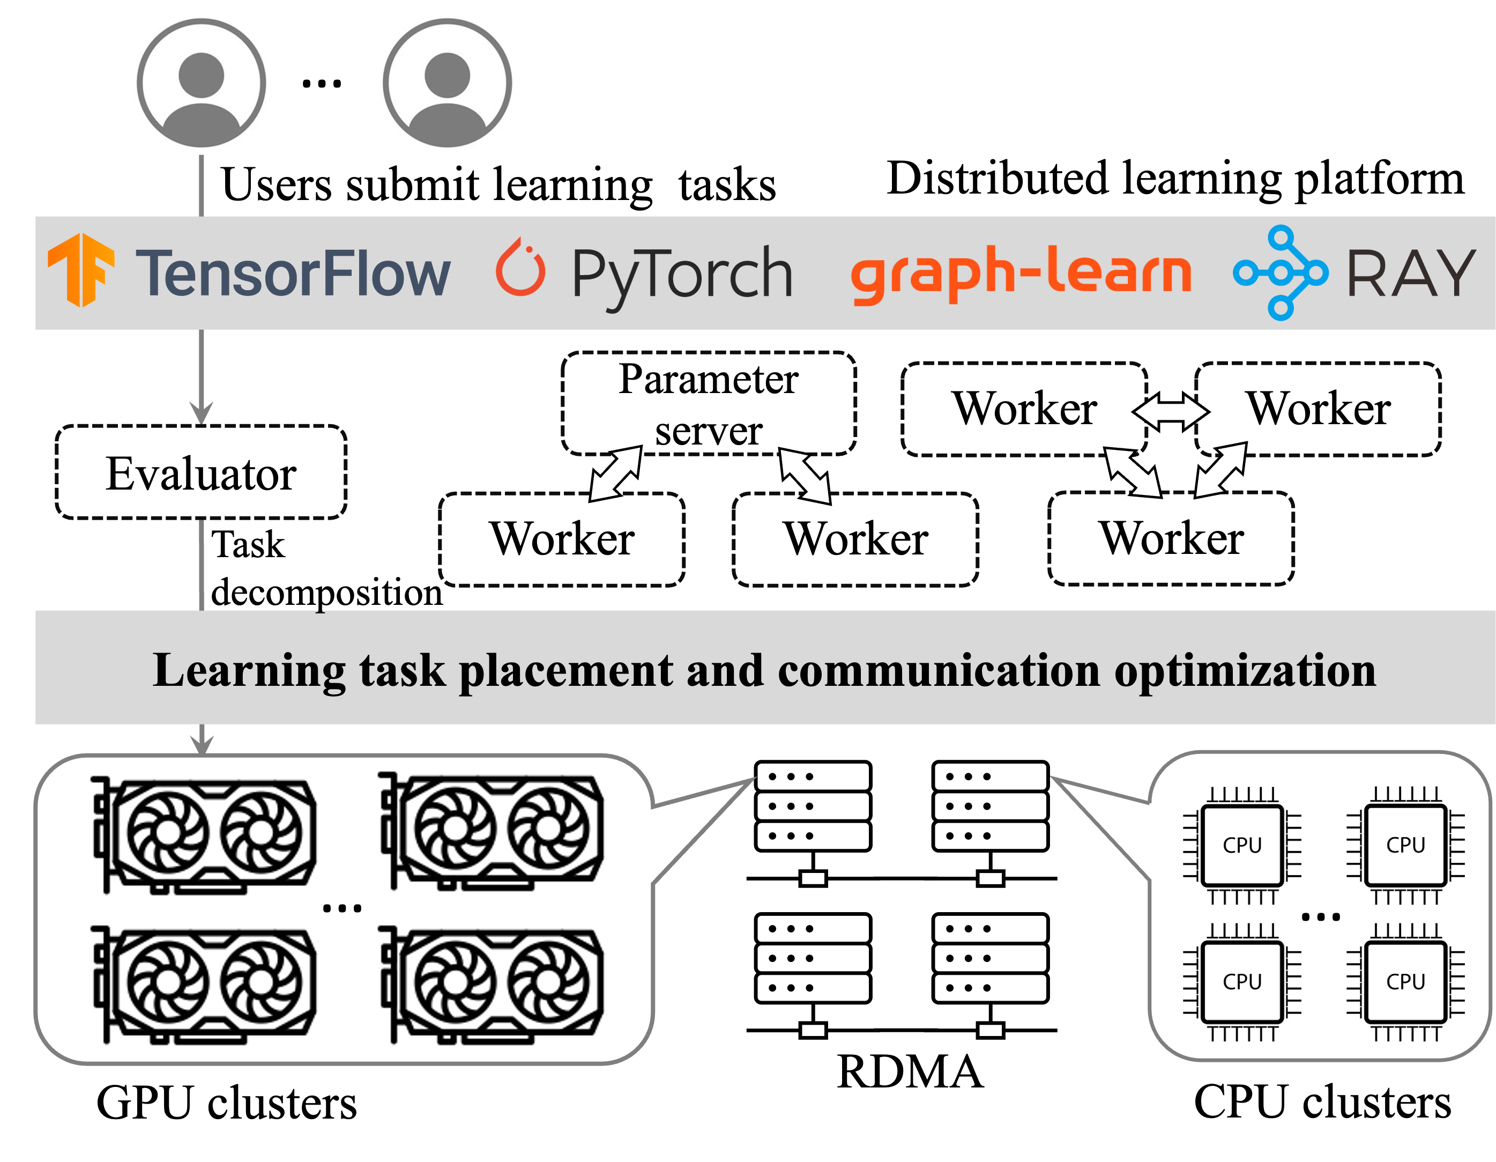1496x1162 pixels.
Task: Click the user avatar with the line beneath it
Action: coord(200,84)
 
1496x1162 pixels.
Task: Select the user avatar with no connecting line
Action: coord(446,84)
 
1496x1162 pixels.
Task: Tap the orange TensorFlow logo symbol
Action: coord(81,270)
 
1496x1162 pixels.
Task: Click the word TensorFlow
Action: coord(293,273)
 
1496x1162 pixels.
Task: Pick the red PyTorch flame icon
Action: coord(520,268)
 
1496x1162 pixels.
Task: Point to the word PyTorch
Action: coord(682,275)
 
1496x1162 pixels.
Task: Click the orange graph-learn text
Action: coord(1021,273)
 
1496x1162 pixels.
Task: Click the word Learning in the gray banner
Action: coord(249,671)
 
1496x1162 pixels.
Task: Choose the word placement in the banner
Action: coord(566,672)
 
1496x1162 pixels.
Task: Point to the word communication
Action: coord(939,671)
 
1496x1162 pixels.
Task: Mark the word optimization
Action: coord(1245,672)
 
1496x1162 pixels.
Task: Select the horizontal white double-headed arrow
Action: coord(1171,412)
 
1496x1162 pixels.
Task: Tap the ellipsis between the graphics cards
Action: coord(342,908)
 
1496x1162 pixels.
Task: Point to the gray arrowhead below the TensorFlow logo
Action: coord(200,412)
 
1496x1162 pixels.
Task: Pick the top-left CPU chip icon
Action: coord(1242,845)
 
